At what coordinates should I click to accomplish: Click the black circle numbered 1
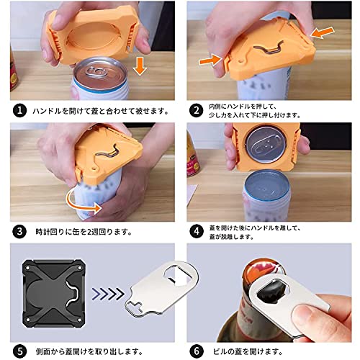pyautogui.click(x=19, y=111)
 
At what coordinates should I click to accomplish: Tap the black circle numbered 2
pyautogui.click(x=197, y=111)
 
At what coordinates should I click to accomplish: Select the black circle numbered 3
pyautogui.click(x=19, y=232)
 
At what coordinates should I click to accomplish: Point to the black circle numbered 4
pyautogui.click(x=197, y=232)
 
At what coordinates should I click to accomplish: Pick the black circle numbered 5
pyautogui.click(x=19, y=351)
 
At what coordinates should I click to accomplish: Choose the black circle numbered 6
pyautogui.click(x=197, y=351)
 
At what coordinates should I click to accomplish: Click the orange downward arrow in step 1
pyautogui.click(x=140, y=66)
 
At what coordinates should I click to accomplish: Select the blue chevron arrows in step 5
pyautogui.click(x=108, y=294)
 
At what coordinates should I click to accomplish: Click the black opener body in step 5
pyautogui.click(x=54, y=294)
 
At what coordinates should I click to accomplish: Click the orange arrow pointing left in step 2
pyautogui.click(x=323, y=33)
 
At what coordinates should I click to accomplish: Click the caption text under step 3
pyautogui.click(x=84, y=232)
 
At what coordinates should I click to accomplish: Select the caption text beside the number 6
pyautogui.click(x=248, y=352)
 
